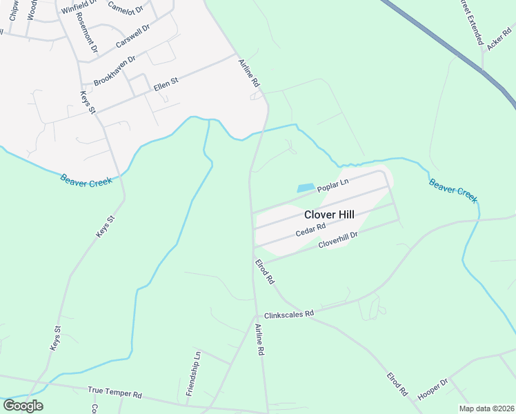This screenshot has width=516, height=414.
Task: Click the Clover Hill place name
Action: click(329, 215)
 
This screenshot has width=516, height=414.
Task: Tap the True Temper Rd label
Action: click(115, 392)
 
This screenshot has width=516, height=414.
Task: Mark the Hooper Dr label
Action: click(433, 390)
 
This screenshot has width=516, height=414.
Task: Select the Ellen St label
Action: click(166, 84)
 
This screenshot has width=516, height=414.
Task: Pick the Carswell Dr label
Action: click(132, 37)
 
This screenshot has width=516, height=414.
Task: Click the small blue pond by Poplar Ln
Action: click(305, 188)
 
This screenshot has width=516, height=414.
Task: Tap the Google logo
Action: click(23, 405)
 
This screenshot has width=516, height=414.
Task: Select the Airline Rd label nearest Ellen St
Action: click(250, 72)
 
